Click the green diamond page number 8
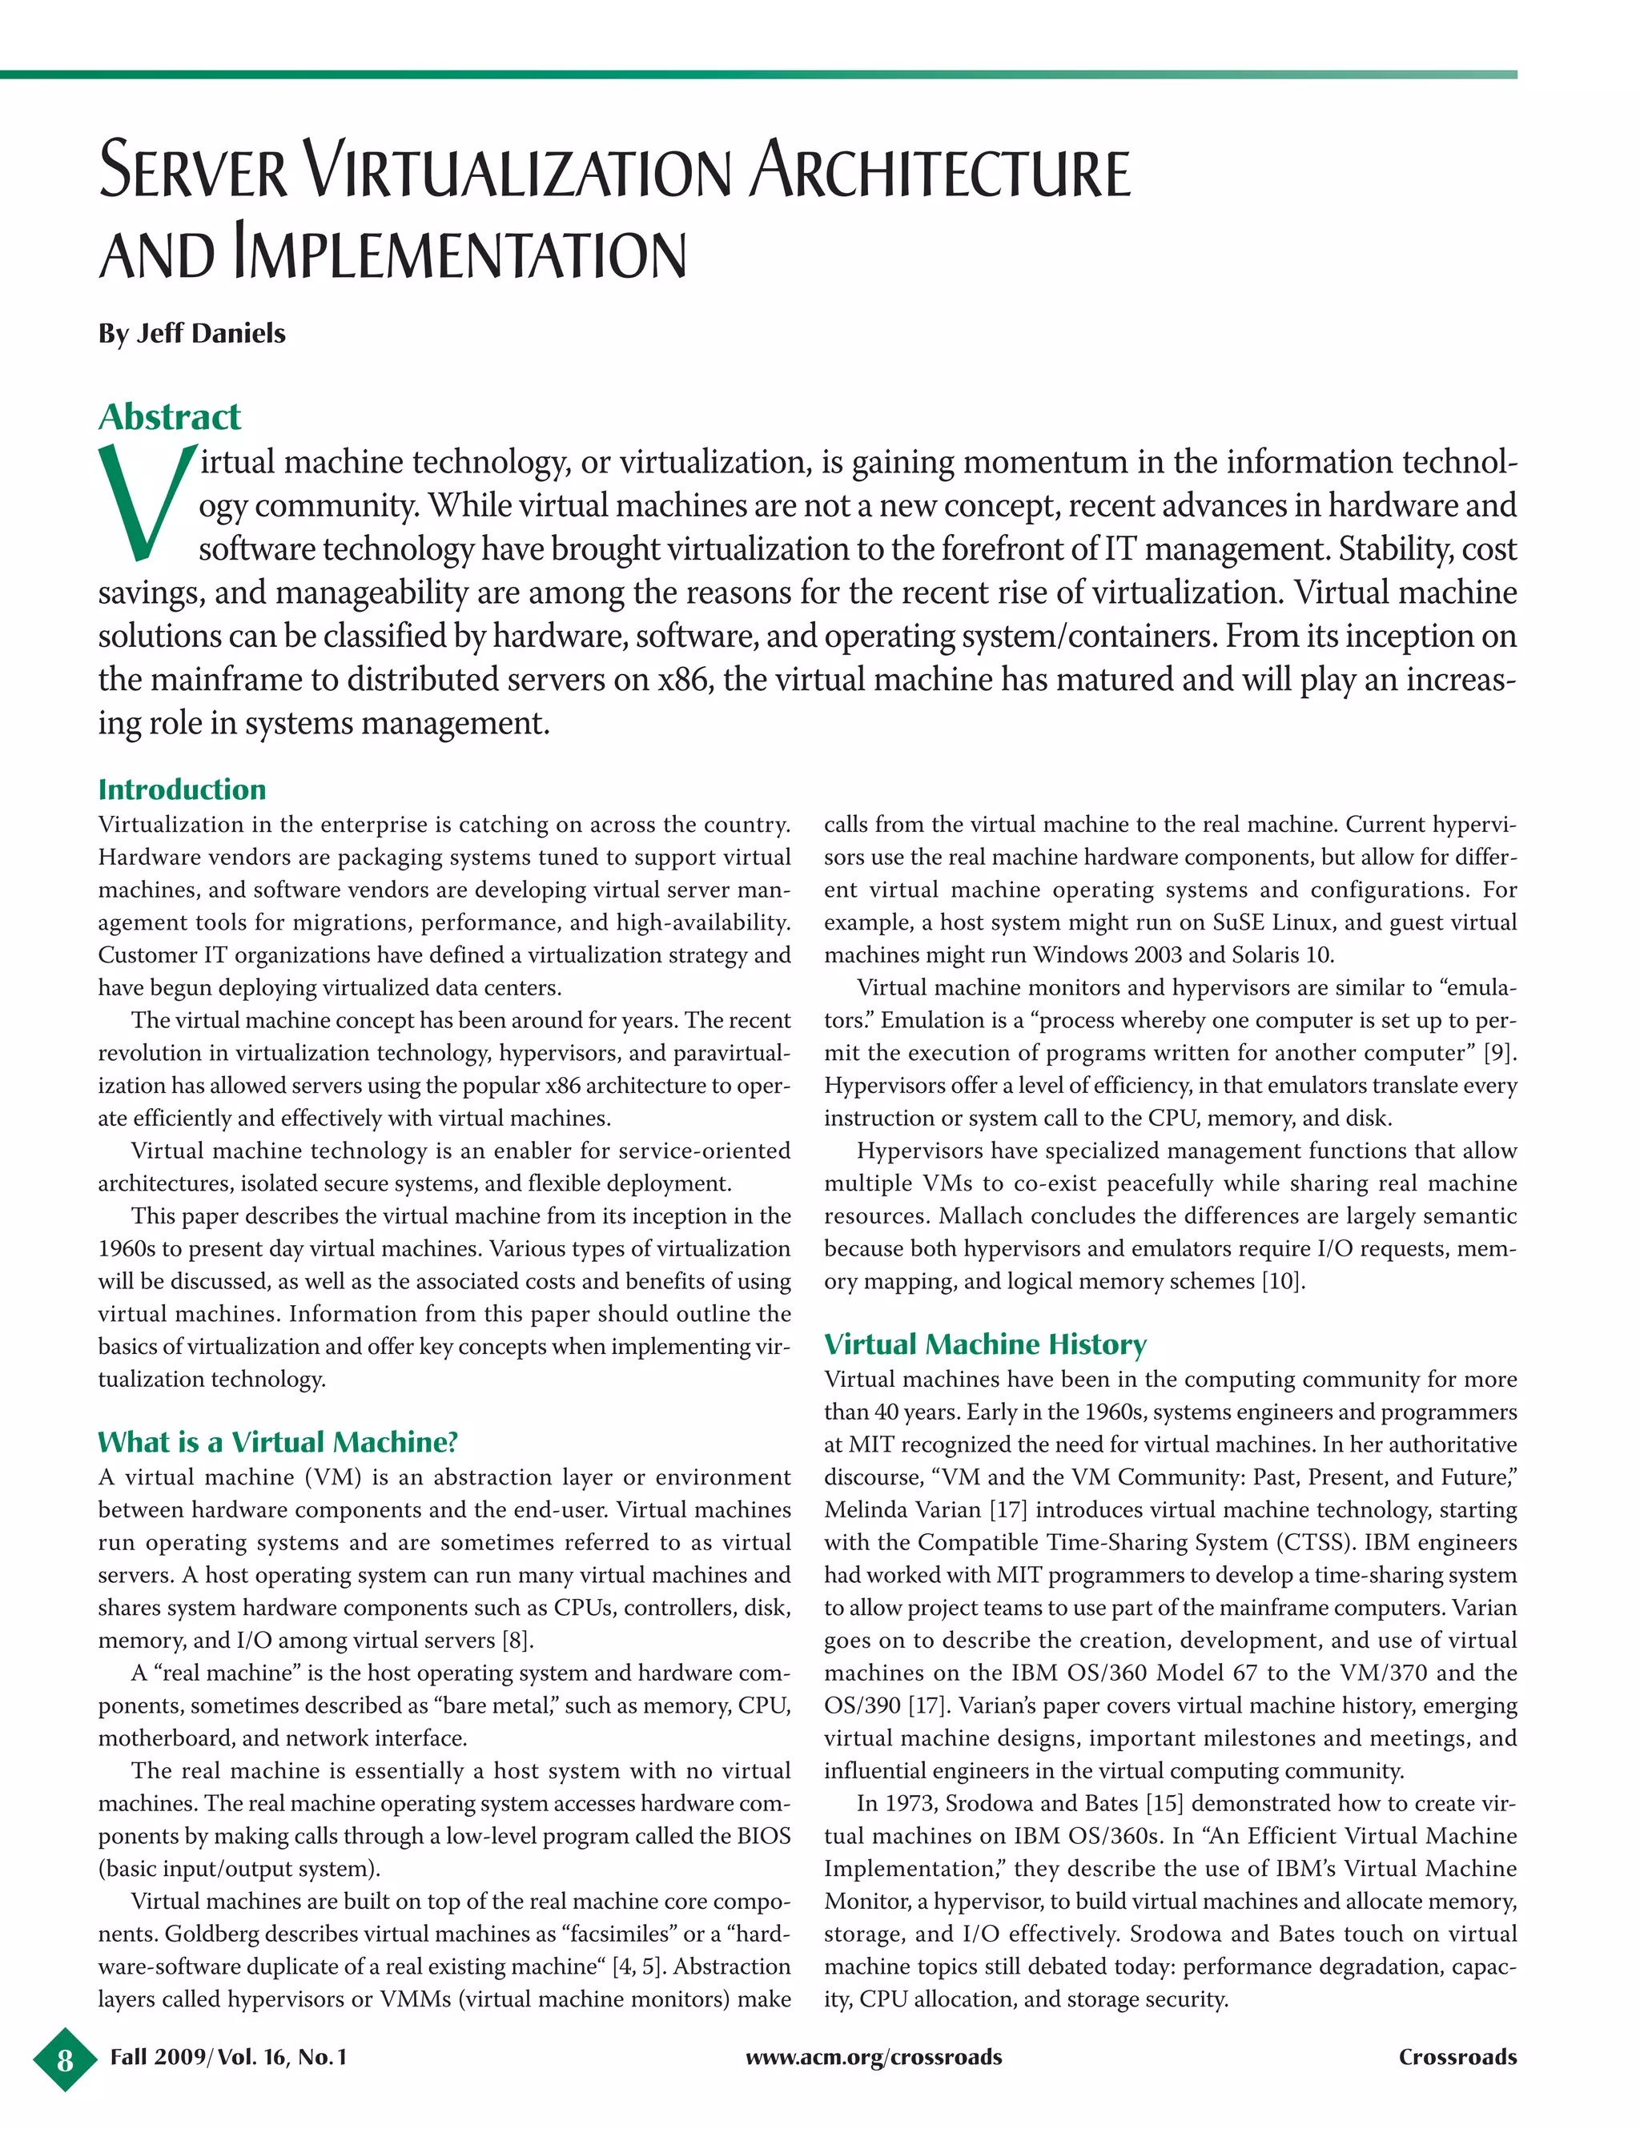point(64,2059)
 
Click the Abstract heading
point(169,416)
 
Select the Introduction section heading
point(181,789)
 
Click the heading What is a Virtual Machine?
point(277,1442)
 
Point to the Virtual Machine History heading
point(985,1344)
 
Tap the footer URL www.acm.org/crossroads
point(873,2058)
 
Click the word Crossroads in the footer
point(1457,2058)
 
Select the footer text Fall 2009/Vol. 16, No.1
point(228,2058)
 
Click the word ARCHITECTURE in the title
point(942,171)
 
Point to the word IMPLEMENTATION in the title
point(459,255)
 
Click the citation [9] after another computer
point(1500,1053)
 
